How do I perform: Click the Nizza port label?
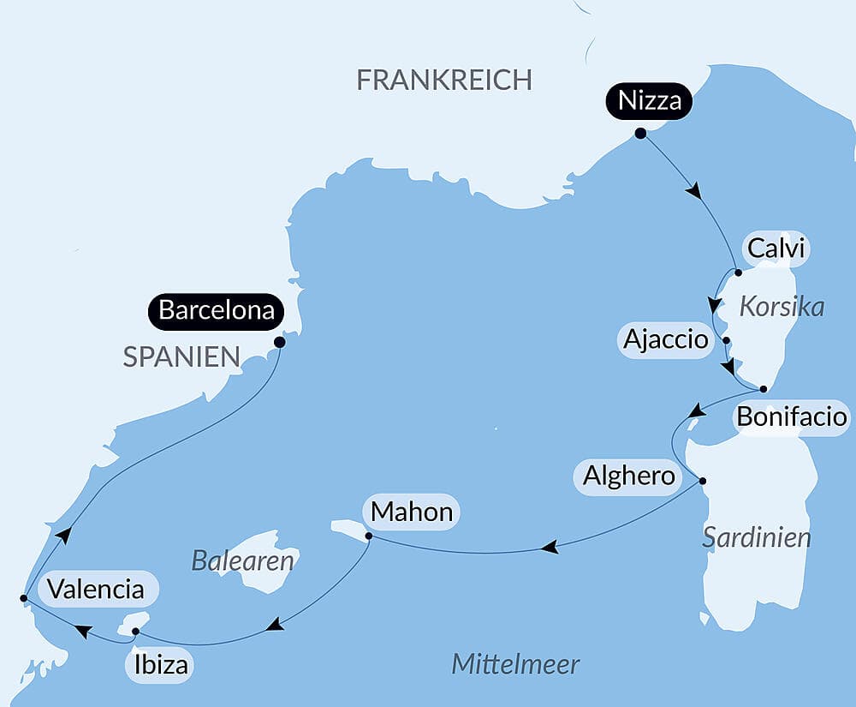coord(650,101)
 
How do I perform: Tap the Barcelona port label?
coord(217,310)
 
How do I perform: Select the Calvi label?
coord(776,249)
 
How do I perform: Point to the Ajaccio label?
coord(666,340)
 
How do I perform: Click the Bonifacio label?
coord(792,418)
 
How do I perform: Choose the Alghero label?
coord(629,476)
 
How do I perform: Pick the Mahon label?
coord(412,512)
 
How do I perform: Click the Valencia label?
coord(95,589)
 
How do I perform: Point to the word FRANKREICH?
coord(443,80)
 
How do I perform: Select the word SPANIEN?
coord(181,357)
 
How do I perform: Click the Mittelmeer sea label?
coord(515,663)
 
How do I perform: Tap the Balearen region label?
coord(242,561)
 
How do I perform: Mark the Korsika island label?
coord(781,307)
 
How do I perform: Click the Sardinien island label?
coord(756,537)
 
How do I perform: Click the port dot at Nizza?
coord(640,133)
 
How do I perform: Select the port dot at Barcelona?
coord(279,341)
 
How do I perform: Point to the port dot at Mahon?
coord(368,536)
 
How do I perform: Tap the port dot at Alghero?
coord(703,480)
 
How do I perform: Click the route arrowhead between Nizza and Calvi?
coord(696,191)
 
